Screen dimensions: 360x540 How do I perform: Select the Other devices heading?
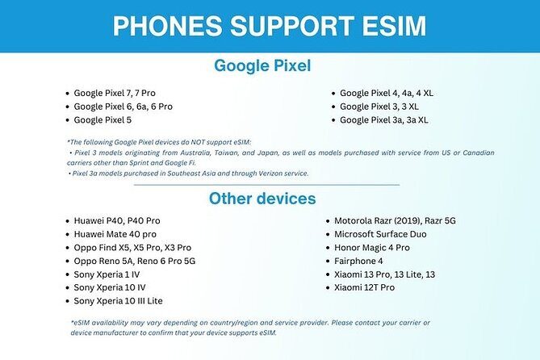pyautogui.click(x=262, y=199)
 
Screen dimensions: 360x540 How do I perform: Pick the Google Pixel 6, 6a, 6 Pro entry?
pyautogui.click(x=123, y=107)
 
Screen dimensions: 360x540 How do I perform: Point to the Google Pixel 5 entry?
pyautogui.click(x=103, y=120)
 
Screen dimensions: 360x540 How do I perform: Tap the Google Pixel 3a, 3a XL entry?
pyautogui.click(x=383, y=120)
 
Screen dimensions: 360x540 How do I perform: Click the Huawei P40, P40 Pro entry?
pyautogui.click(x=117, y=220)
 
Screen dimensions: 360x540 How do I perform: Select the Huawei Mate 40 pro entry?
pyautogui.click(x=115, y=234)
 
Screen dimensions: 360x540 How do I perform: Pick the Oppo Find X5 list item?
pyautogui.click(x=132, y=247)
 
